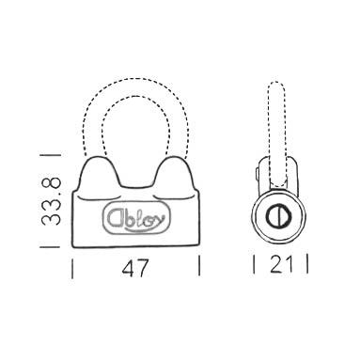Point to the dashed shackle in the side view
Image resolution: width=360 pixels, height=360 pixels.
277,122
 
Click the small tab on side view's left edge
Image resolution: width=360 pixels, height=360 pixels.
258,173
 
